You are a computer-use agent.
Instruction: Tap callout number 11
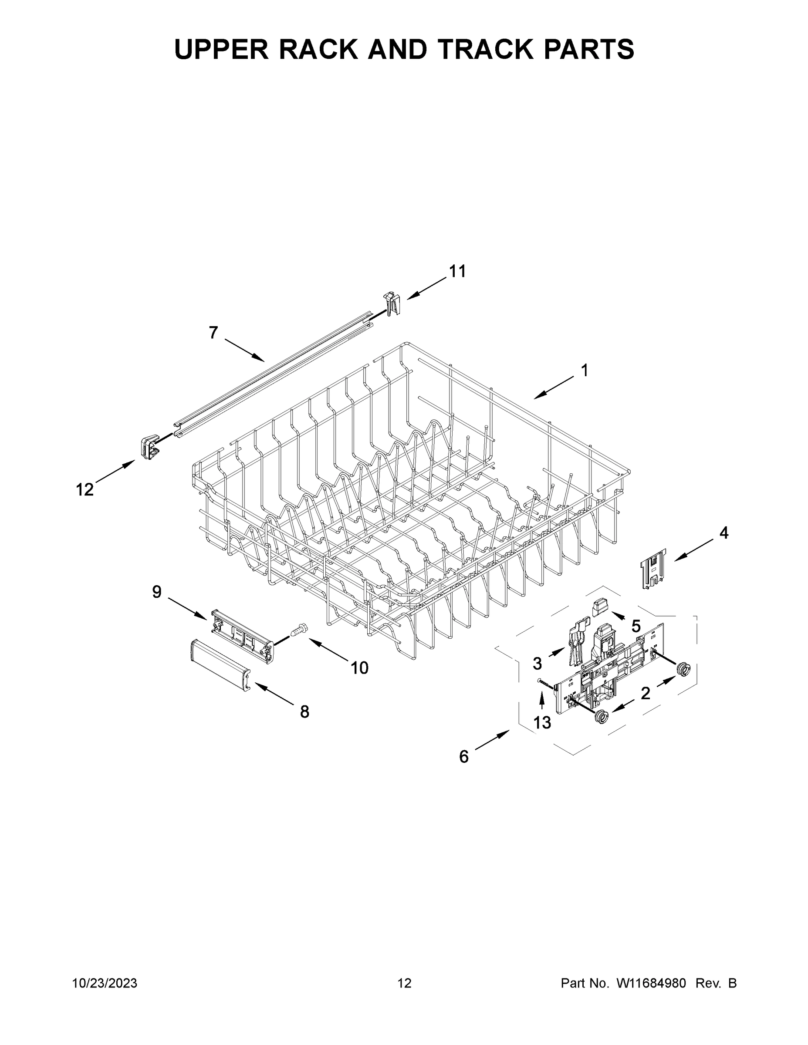tap(457, 271)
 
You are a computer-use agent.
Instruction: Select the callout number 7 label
tap(213, 332)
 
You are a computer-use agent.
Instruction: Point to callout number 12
tap(85, 489)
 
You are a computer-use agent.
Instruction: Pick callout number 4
tap(724, 533)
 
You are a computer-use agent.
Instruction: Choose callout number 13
tap(542, 722)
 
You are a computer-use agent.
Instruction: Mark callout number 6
tap(464, 756)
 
